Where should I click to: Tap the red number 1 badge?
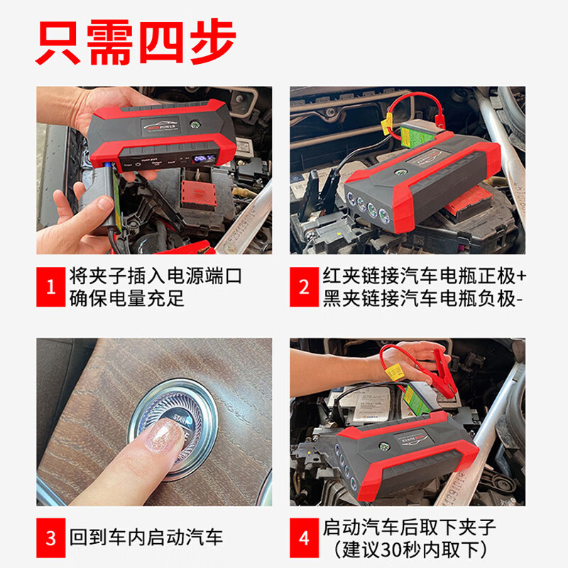(x=50, y=287)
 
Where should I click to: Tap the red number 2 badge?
(x=304, y=287)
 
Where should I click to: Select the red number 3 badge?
(x=50, y=537)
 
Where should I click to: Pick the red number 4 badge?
(x=304, y=537)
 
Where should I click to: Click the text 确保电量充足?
(x=126, y=298)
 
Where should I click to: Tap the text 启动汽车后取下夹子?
(x=410, y=527)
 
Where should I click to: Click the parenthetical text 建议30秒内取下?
(x=410, y=549)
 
